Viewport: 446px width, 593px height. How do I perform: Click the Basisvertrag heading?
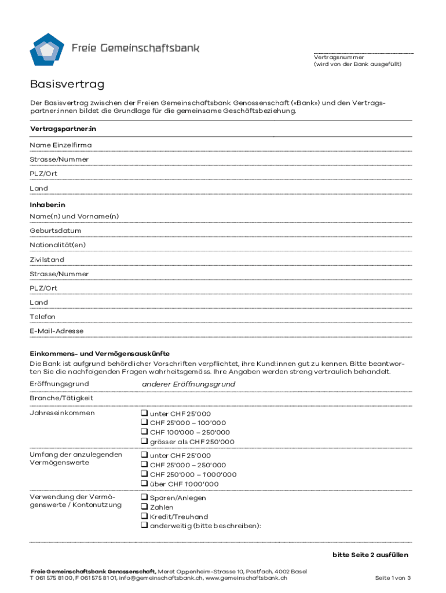pos(67,85)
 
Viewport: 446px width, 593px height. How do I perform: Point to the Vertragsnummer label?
pos(339,57)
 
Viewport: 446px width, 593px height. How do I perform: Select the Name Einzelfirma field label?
pos(61,145)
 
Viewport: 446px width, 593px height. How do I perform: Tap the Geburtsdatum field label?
pos(56,230)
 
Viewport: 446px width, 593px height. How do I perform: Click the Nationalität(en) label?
pos(58,245)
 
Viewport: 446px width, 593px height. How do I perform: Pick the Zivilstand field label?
pos(47,259)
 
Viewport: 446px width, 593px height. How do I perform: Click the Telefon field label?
pos(43,317)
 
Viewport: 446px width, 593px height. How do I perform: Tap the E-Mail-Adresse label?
pos(57,331)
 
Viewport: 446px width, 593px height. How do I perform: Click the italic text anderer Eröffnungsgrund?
pos(188,385)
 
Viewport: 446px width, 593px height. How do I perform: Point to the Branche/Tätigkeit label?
pos(61,398)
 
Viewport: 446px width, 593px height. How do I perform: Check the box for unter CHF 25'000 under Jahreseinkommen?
pos(144,413)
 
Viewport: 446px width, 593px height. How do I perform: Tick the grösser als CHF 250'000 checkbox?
pos(144,442)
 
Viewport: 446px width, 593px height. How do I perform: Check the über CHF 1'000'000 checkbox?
pos(144,484)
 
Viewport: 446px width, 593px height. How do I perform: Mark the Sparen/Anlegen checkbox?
pos(144,497)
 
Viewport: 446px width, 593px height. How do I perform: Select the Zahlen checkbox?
pos(144,507)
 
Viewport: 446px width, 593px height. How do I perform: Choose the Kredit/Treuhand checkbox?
pos(144,517)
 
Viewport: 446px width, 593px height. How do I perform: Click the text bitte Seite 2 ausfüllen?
pos(370,555)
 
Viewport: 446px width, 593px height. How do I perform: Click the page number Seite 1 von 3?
pos(393,578)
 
